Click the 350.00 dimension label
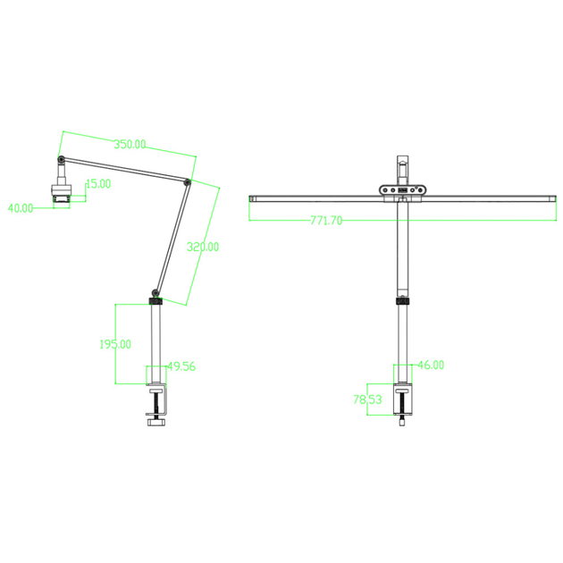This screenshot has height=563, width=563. [130, 145]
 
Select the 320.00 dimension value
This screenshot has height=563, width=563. [203, 247]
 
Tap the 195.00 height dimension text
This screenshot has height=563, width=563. [115, 344]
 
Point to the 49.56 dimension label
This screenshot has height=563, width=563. [181, 366]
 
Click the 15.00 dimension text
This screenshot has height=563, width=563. [98, 184]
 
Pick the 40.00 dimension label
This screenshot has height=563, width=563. [21, 208]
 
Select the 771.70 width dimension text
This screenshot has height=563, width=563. [326, 220]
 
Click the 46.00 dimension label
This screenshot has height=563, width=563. [432, 366]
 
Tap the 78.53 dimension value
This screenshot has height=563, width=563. [367, 399]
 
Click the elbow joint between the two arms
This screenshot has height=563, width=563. [187, 182]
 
